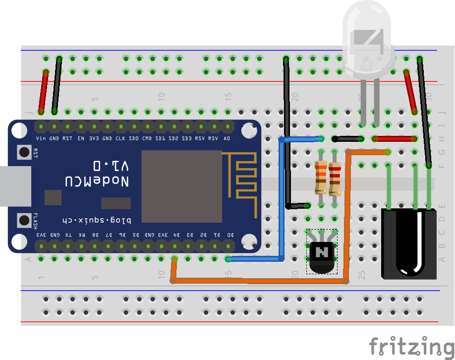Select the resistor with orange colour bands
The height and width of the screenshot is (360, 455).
coord(321,177)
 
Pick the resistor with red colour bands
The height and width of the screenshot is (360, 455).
coord(335,179)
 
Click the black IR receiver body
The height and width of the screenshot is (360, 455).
coord(409,243)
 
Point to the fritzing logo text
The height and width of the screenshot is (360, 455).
coord(411,345)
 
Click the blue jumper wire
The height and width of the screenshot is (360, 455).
coord(283,198)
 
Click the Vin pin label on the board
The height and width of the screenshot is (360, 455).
coord(41,138)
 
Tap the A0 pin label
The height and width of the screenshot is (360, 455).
coord(227,138)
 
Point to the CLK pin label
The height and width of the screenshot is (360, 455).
coord(120,138)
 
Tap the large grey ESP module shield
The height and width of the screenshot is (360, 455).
coord(181,186)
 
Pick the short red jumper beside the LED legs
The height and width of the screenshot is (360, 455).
coord(395,139)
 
